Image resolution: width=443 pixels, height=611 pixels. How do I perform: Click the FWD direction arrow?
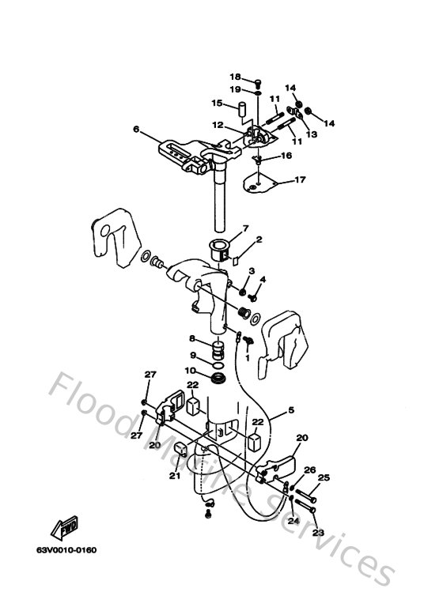tap(64, 528)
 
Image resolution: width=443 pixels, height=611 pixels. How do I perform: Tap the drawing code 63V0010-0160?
tap(66, 550)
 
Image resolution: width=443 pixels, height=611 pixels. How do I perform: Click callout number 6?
tap(136, 129)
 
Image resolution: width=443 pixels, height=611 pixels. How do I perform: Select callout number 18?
tap(235, 77)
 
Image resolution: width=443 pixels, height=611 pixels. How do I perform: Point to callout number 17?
tap(301, 179)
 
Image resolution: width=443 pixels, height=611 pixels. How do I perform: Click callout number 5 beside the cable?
tap(291, 410)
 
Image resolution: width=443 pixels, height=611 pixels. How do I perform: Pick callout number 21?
tap(175, 475)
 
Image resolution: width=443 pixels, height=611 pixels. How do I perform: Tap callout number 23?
tap(318, 532)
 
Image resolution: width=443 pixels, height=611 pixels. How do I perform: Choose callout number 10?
tap(191, 370)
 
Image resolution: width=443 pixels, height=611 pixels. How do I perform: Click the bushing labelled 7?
tap(220, 250)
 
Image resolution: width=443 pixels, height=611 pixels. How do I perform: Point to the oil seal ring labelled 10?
tap(219, 378)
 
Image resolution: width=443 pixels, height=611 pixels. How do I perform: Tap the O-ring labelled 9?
tap(219, 365)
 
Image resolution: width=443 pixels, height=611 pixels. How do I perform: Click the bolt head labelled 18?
tap(258, 82)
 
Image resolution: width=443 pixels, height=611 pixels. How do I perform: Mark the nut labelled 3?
tap(243, 292)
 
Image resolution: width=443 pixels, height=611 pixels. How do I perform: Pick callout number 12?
tap(218, 125)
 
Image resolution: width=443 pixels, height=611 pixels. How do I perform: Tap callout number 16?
tap(286, 156)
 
